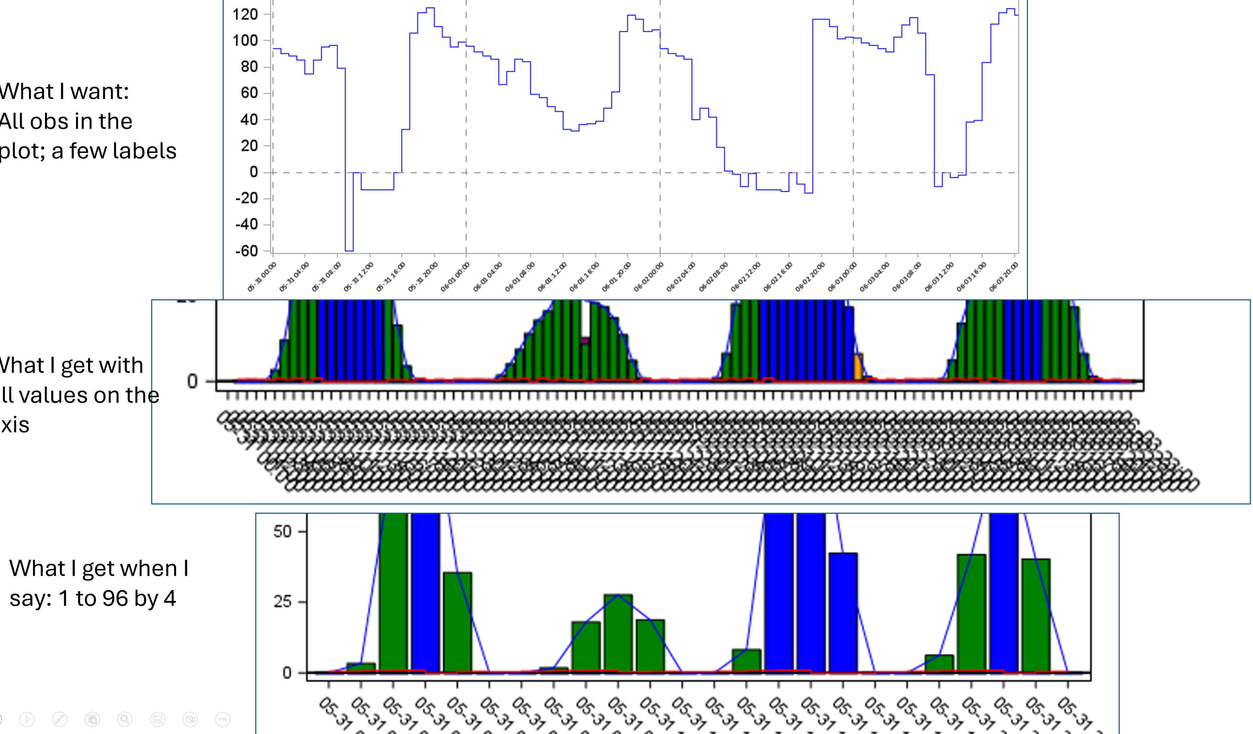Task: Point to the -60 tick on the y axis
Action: pyautogui.click(x=247, y=251)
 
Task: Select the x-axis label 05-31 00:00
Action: pyautogui.click(x=261, y=277)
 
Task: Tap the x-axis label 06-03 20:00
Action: pyautogui.click(x=1003, y=277)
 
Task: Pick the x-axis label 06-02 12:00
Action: pyautogui.click(x=745, y=277)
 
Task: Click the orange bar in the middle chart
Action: pyautogui.click(x=858, y=367)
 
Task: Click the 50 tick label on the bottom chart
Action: pyautogui.click(x=282, y=532)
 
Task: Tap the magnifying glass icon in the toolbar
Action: pyautogui.click(x=125, y=719)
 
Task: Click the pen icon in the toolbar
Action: pyautogui.click(x=60, y=719)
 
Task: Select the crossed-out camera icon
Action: pyautogui.click(x=190, y=719)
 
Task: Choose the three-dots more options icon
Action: pyautogui.click(x=223, y=719)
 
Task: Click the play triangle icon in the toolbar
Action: pyautogui.click(x=27, y=719)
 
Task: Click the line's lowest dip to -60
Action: pyautogui.click(x=349, y=249)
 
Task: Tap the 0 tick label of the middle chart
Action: pyautogui.click(x=192, y=381)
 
